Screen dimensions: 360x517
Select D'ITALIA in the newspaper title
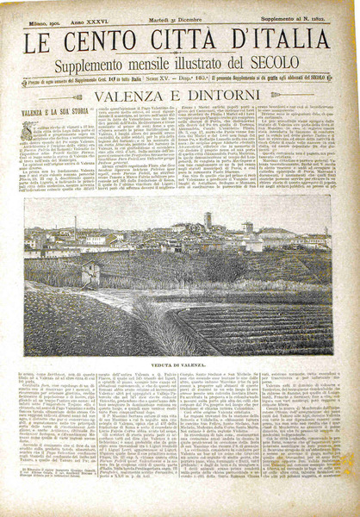pos(284,41)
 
